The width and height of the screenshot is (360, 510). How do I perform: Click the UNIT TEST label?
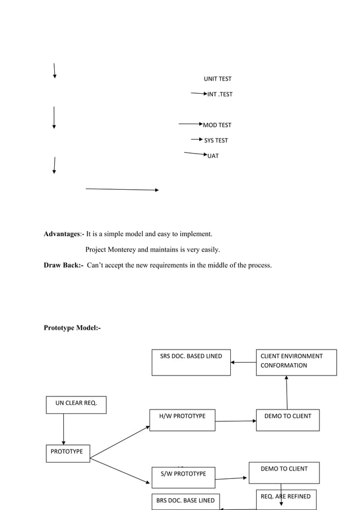tap(217, 79)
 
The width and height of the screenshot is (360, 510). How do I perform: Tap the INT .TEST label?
tap(219, 94)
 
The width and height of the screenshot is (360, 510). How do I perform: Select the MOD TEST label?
tap(217, 125)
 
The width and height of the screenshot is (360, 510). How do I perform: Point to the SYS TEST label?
tap(216, 140)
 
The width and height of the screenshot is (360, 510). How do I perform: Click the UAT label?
tap(213, 156)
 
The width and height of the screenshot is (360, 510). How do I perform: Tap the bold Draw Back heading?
tap(63, 264)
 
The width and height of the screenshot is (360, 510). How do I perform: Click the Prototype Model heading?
tap(72, 328)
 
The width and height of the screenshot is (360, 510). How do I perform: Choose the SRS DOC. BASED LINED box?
tap(191, 362)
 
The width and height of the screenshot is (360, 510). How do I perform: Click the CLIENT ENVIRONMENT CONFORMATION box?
tap(296, 362)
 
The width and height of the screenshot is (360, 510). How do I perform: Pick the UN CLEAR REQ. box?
tap(76, 404)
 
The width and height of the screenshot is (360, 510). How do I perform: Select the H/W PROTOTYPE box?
tap(182, 420)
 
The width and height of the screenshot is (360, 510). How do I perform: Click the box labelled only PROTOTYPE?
tap(67, 453)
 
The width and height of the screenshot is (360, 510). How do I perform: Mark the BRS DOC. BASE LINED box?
tap(185, 501)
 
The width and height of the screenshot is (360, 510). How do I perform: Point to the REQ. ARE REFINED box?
tap(285, 499)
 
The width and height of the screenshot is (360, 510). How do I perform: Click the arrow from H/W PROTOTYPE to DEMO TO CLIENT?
tap(235, 421)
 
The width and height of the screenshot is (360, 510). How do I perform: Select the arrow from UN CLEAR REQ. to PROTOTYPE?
tap(63, 429)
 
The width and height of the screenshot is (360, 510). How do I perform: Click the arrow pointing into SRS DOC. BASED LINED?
tap(243, 363)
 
